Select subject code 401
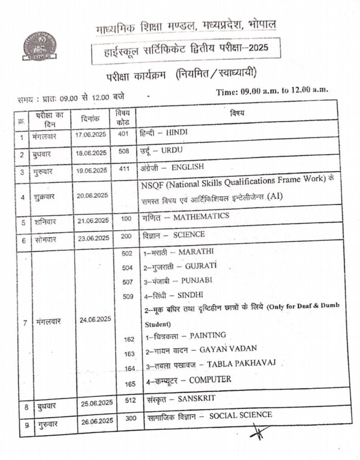124,133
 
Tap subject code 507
127,282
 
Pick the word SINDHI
190,295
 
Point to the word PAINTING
208,335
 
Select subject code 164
130,369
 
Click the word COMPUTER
210,380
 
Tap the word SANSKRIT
197,398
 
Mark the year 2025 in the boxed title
256,48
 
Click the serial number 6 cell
23,240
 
